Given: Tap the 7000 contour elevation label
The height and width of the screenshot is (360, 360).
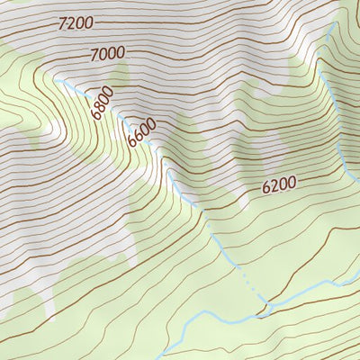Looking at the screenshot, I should click(107, 54).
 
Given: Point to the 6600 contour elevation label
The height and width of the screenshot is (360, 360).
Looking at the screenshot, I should click(141, 132).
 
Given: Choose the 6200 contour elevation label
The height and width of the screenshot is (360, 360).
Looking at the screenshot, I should click(279, 186).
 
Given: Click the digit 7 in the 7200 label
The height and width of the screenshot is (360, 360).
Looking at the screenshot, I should click(60, 25).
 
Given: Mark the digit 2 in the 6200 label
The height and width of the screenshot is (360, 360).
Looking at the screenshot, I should click(274, 187).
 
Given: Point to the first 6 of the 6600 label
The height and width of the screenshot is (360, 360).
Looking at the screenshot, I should click(132, 142).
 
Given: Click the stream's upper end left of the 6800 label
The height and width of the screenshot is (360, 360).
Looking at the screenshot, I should click(58, 80).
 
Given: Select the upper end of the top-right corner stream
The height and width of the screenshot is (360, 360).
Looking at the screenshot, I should click(334, 25).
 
